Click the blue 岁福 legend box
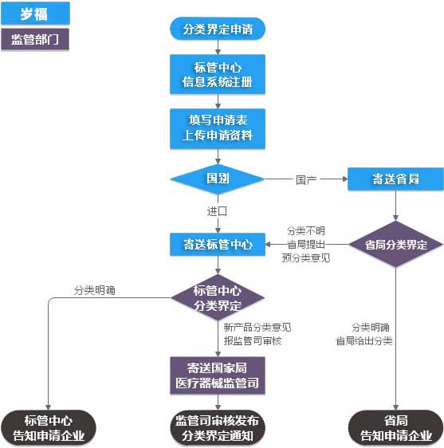tap(35, 13)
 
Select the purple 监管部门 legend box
tap(35, 39)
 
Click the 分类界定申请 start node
tap(218, 29)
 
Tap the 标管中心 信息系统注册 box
tap(218, 73)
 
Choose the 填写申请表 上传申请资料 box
tap(218, 128)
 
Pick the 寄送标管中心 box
tap(218, 244)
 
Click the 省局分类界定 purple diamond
tap(395, 244)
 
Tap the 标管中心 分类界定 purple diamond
tap(218, 297)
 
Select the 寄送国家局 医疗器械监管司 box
tap(218, 375)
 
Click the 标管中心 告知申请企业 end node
tap(49, 428)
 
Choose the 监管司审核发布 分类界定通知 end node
tap(218, 428)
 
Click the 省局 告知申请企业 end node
tap(395, 428)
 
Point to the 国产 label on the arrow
tap(306, 179)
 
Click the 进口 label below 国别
tap(217, 211)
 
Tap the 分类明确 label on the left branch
tap(94, 290)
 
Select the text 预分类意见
tap(306, 257)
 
